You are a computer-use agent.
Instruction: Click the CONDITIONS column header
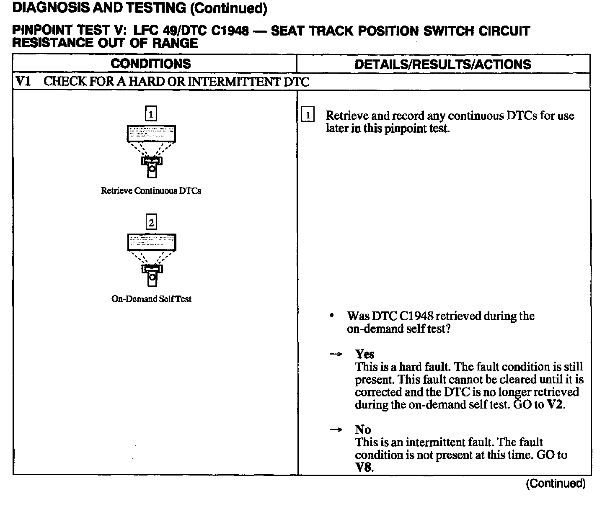tap(151, 64)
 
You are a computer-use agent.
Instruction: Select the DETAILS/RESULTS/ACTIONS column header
tap(443, 64)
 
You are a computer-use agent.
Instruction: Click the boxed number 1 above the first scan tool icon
tap(151, 113)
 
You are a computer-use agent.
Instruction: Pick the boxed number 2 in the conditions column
tap(151, 222)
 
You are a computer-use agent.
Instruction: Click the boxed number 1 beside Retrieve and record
tap(308, 115)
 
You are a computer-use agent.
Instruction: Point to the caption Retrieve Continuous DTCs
tap(151, 191)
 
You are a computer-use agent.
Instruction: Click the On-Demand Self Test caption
tap(151, 299)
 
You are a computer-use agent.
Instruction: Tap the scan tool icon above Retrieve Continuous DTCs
tap(151, 151)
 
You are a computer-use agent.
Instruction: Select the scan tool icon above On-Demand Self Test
tap(152, 259)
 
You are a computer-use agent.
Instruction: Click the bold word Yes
tap(364, 354)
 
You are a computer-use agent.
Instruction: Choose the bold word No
tap(363, 429)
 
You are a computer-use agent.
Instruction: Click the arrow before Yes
tap(336, 355)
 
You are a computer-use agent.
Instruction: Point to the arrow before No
tap(336, 430)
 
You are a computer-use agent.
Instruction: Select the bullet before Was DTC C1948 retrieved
tap(332, 316)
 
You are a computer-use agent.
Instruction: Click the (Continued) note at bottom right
tap(556, 484)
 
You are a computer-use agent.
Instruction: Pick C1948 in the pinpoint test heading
tap(229, 31)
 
